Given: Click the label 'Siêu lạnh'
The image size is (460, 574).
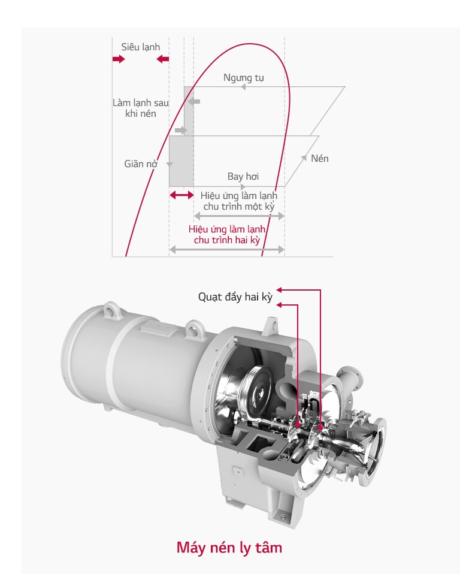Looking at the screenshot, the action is tap(141, 47).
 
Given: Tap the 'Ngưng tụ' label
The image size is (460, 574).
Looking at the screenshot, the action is tap(243, 78).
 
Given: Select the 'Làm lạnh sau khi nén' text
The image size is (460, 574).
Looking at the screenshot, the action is tap(141, 108).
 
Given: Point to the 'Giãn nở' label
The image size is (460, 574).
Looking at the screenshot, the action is tap(141, 164).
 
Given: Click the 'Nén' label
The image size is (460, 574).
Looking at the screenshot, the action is tap(319, 159).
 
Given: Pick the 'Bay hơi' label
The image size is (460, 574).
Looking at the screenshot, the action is tap(243, 176).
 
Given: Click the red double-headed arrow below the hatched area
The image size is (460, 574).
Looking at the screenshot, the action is tap(181, 195).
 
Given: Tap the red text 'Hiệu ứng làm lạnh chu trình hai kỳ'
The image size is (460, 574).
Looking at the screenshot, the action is tap(227, 234).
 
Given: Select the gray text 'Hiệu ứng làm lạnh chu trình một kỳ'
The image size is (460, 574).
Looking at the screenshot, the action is tap(238, 201).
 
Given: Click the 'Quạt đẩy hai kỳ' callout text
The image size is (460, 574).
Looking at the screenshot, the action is tap(235, 297).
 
